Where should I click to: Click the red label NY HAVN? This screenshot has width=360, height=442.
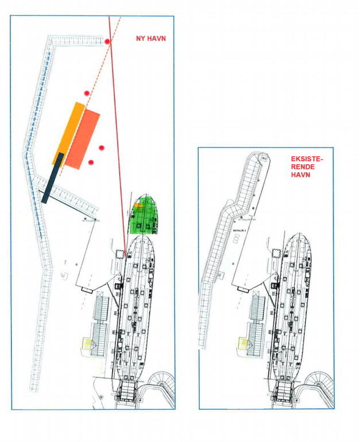coord(146,39)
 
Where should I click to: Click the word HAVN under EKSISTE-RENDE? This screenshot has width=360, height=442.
coord(300,175)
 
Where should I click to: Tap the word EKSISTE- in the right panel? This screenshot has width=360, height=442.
coord(308,158)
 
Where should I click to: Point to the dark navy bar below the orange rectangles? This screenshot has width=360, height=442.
coord(53,177)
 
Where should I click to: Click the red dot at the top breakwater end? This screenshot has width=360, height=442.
coord(107,41)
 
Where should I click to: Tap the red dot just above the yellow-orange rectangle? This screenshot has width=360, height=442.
coord(87,93)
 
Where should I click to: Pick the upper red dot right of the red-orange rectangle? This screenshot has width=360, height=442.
coord(102,148)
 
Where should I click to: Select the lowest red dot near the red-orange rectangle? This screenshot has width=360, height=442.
coord(91,162)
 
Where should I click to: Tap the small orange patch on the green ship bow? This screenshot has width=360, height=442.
coord(137,204)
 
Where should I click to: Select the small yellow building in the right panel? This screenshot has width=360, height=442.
coord(241,343)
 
